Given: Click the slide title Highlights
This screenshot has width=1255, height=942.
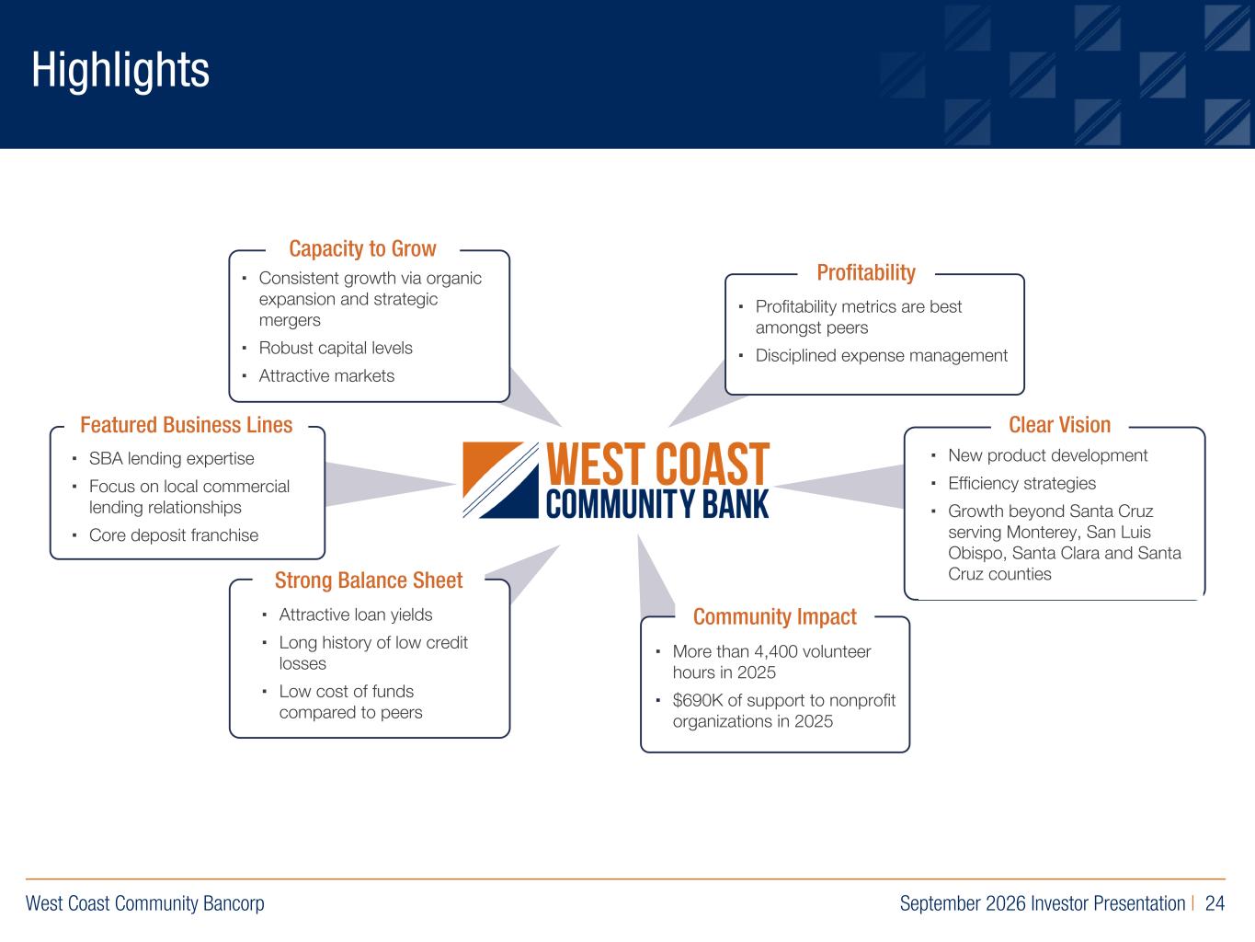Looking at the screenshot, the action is [x=120, y=70].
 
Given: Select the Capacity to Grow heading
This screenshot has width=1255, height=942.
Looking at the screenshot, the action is [x=362, y=248].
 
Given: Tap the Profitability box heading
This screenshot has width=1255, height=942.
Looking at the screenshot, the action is [x=866, y=273].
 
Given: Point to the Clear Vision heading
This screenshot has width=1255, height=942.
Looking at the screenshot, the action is [x=1059, y=425].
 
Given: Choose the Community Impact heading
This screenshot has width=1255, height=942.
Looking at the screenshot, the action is [x=775, y=617].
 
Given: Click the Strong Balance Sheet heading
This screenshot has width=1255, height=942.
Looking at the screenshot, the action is [x=368, y=580].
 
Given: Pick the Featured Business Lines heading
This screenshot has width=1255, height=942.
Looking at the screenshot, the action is [x=186, y=425].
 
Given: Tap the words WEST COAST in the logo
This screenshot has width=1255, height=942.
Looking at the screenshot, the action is [x=658, y=464].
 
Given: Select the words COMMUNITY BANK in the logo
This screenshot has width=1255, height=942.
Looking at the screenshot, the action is [x=657, y=504].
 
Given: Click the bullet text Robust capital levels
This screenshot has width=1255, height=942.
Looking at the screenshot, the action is [x=336, y=348].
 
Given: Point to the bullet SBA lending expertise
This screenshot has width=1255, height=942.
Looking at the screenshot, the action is [x=172, y=459].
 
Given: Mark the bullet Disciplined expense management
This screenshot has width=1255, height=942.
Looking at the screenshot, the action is [x=881, y=356].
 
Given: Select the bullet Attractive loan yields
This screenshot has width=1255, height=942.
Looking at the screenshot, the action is [x=356, y=615].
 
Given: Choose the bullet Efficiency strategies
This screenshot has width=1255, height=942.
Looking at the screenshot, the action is [x=1021, y=484].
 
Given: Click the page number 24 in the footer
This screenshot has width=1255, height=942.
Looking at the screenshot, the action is [x=1215, y=903].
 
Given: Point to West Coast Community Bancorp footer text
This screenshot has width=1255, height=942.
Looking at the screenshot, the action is [x=144, y=903].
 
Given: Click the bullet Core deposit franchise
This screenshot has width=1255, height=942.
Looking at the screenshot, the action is [x=174, y=535].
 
